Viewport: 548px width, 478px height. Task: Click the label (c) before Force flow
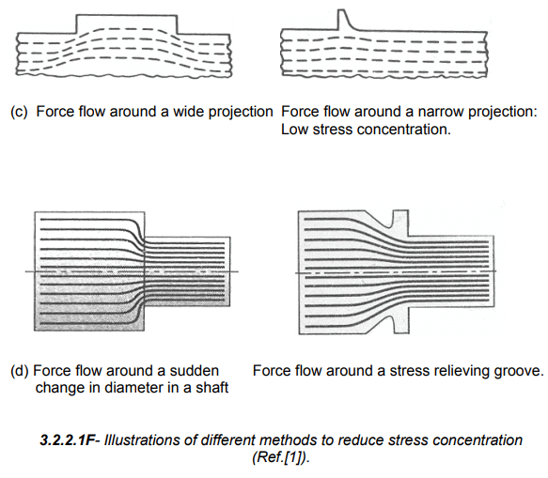coord(19,112)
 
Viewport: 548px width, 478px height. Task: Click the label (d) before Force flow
coord(19,371)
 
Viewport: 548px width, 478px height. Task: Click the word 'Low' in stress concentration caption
coord(294,130)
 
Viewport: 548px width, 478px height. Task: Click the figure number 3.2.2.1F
coord(67,439)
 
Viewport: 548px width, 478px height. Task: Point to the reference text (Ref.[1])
coord(281,457)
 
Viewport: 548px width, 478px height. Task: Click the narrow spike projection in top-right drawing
coord(344,20)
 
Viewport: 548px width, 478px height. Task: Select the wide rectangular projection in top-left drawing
coord(127,23)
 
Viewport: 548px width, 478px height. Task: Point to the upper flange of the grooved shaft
coord(400,223)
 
